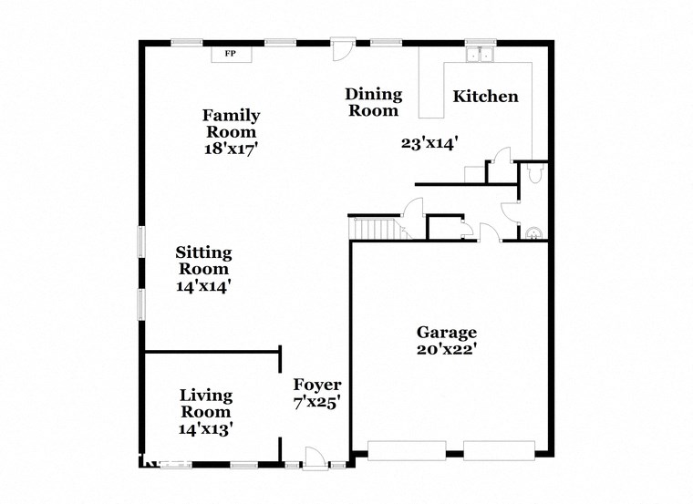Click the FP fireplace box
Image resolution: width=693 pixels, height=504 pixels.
tap(232, 55)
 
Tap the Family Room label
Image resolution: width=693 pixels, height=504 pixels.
tap(231, 123)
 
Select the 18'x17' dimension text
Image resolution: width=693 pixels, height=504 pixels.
tap(231, 148)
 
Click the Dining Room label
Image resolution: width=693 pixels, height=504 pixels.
tap(372, 102)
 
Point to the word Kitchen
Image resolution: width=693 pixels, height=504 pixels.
tap(486, 96)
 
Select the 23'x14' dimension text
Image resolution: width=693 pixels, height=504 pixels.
tap(429, 142)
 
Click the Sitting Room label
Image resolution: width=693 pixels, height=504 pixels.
tap(204, 260)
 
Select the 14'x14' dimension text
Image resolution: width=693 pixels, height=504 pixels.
tap(204, 285)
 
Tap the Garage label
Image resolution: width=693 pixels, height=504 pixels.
tap(447, 332)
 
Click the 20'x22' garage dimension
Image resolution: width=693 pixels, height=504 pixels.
tap(447, 348)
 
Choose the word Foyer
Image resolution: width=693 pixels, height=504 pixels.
tap(316, 385)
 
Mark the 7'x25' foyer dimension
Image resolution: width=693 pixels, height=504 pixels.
tap(316, 402)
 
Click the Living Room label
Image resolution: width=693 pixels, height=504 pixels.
tap(205, 403)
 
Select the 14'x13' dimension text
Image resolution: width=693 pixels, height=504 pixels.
tap(205, 427)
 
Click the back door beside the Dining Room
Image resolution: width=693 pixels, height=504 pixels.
tap(340, 50)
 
